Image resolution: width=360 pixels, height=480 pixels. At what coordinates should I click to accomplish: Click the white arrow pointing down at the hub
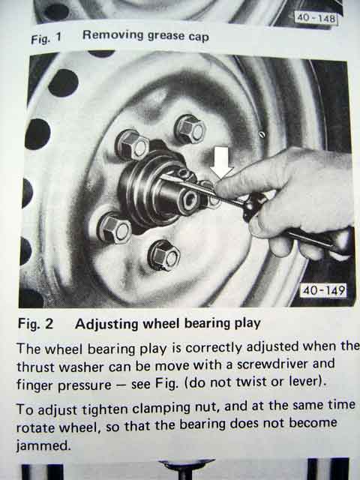(x=221, y=162)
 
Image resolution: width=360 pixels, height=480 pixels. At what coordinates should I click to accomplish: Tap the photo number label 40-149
(x=324, y=290)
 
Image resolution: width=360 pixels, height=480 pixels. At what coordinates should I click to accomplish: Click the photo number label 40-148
(x=316, y=18)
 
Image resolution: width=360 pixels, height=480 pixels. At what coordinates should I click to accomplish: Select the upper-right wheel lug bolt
(x=190, y=129)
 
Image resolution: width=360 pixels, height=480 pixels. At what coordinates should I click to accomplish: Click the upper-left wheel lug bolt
(x=132, y=145)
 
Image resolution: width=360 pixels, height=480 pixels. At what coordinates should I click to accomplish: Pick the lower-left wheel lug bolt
(x=114, y=228)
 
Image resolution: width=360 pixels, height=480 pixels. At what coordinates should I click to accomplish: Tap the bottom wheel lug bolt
(x=164, y=256)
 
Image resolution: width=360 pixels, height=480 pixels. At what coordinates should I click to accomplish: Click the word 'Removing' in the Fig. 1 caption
(x=112, y=35)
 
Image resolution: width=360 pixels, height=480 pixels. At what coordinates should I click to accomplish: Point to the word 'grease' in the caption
(x=166, y=37)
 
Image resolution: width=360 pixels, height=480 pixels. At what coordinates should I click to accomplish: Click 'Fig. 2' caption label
(x=35, y=324)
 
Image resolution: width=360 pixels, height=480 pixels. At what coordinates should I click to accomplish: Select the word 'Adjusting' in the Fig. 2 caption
(x=106, y=325)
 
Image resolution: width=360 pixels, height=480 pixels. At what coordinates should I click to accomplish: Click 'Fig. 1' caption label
(x=46, y=38)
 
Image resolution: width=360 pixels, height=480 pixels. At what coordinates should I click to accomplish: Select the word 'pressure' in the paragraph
(x=85, y=385)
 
